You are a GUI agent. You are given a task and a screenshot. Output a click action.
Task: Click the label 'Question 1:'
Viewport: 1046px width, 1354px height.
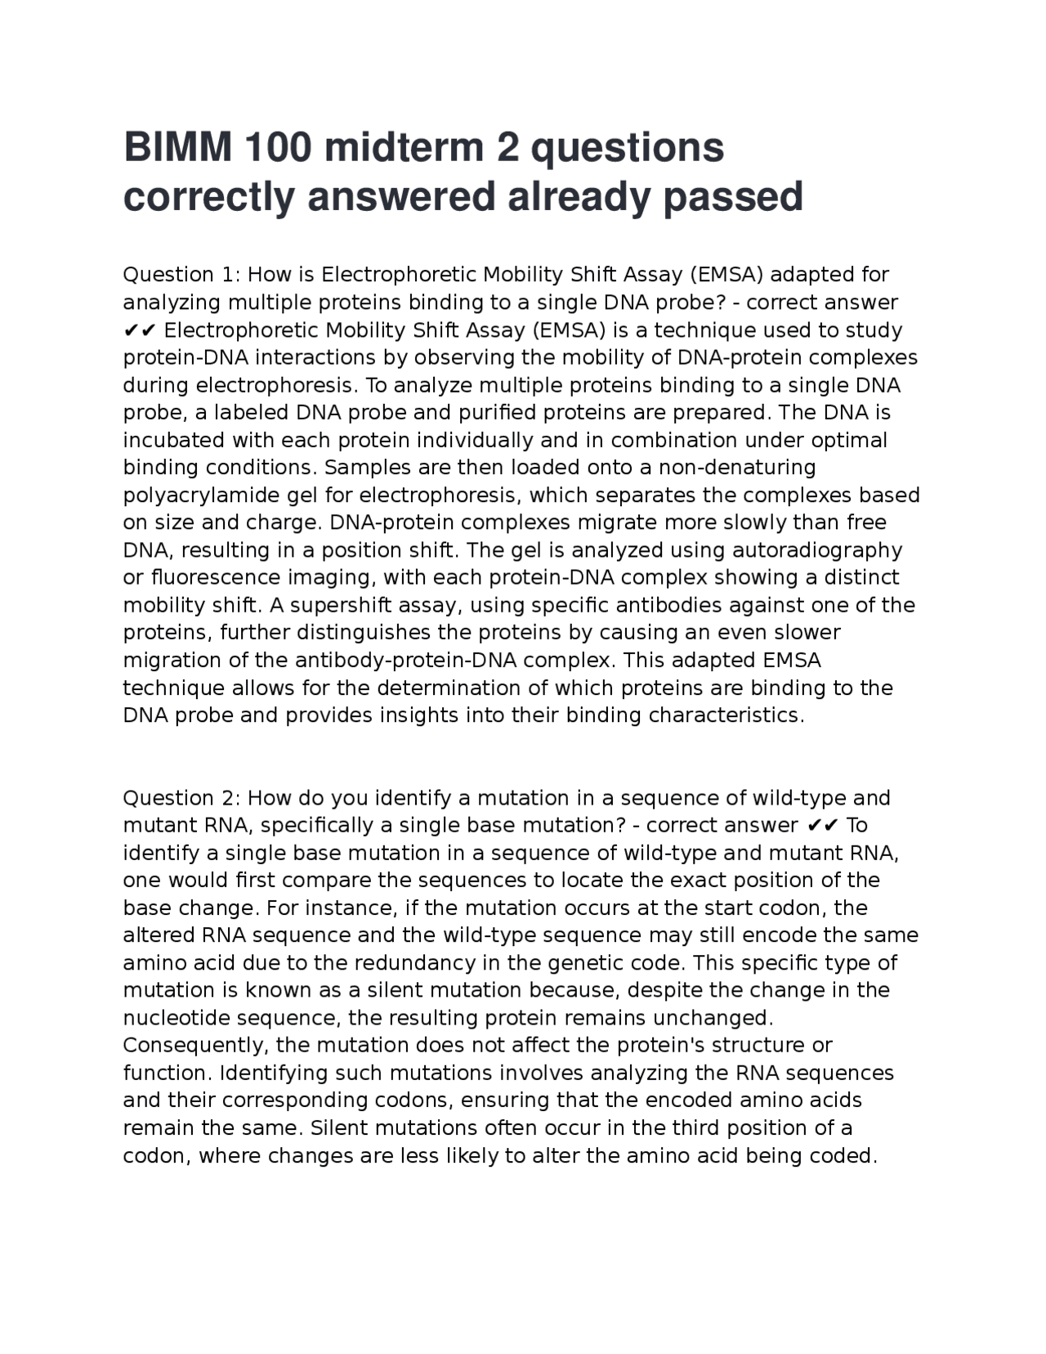point(181,275)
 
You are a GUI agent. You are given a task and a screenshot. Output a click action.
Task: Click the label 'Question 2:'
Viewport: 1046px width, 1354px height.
point(181,798)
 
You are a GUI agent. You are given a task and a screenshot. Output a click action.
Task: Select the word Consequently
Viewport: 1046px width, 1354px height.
point(196,1046)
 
